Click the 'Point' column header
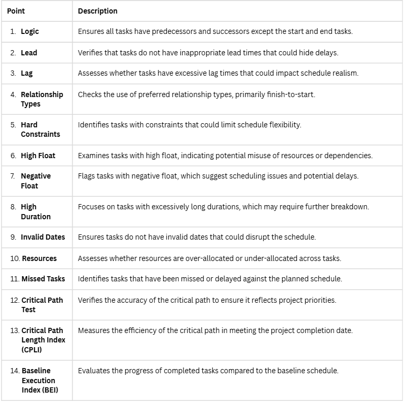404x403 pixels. pos(16,11)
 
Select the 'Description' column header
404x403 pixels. pos(98,11)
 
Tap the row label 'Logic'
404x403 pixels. pos(30,31)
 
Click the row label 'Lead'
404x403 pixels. pos(29,53)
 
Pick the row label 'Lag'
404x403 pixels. pos(27,73)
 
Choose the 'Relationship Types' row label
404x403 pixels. pos(41,99)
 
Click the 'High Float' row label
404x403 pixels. pos(38,156)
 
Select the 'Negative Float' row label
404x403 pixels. pos(36,181)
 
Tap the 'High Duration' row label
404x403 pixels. pos(36,211)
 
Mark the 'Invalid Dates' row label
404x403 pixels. pos(43,237)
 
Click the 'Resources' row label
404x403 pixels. pos(39,258)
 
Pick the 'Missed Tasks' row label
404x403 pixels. pos(43,279)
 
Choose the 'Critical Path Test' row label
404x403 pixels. pos(42,304)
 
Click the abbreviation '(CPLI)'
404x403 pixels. pos(32,350)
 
